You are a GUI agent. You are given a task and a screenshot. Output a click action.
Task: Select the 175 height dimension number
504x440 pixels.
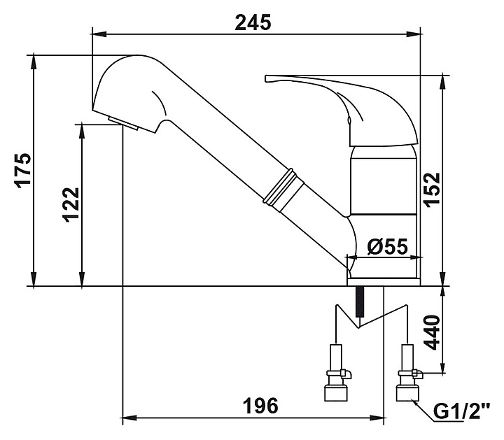point(23,169)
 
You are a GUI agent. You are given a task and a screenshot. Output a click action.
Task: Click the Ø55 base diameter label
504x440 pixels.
point(386,246)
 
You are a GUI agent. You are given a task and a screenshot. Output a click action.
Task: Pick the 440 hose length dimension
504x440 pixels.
point(431,333)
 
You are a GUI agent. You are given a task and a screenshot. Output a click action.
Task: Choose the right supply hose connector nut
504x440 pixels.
point(407,388)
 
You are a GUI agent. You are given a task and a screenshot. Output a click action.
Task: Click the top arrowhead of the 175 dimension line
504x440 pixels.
point(34,55)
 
